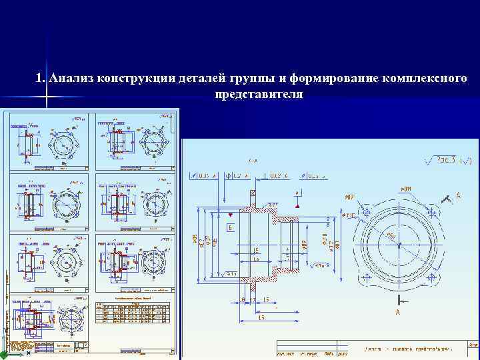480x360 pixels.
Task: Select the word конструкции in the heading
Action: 131,79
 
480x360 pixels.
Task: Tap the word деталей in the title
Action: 198,79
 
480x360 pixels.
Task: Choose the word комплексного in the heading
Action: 423,79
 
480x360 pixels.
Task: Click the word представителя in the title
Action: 259,95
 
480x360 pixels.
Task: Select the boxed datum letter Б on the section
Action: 230,227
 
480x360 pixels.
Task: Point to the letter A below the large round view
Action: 397,311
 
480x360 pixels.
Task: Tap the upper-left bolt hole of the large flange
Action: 366,211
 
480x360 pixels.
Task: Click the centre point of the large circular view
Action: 399,244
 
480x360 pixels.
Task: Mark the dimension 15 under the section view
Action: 265,299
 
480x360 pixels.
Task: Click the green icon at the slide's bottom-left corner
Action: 4,355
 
